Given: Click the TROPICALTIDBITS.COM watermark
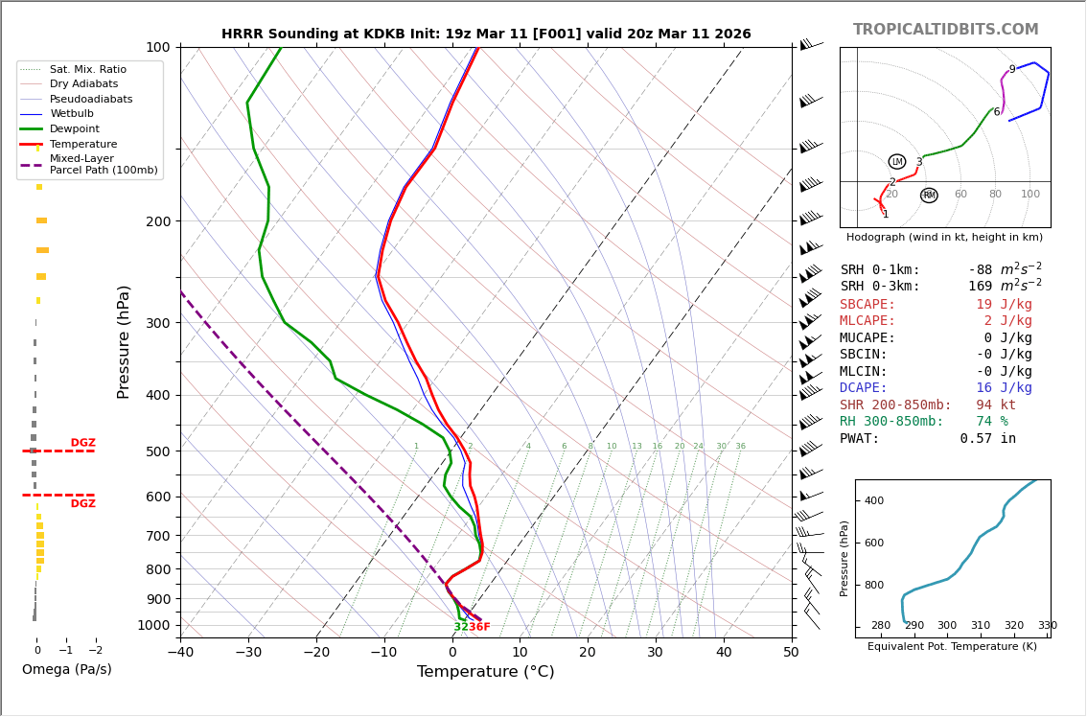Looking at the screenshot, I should pyautogui.click(x=945, y=30).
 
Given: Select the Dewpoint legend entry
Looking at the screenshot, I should pyautogui.click(x=74, y=128).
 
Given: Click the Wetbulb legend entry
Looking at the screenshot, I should pyautogui.click(x=72, y=114).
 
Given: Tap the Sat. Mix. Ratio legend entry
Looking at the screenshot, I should pyautogui.click(x=87, y=69).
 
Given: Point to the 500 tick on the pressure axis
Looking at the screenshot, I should pyautogui.click(x=157, y=451).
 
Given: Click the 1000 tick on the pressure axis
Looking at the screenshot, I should pyautogui.click(x=153, y=625).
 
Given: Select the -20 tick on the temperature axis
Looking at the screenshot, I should pyautogui.click(x=316, y=653).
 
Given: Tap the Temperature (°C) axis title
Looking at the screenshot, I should pyautogui.click(x=485, y=672).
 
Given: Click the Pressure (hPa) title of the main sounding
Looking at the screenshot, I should pyautogui.click(x=125, y=341).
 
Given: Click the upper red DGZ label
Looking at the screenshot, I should pyautogui.click(x=82, y=443).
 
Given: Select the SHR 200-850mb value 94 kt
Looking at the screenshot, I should pyautogui.click(x=995, y=405).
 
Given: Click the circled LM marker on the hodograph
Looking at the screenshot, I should pyautogui.click(x=897, y=162).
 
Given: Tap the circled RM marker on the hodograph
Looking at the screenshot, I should pyautogui.click(x=929, y=196).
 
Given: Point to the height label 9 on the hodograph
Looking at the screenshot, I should pyautogui.click(x=1011, y=70).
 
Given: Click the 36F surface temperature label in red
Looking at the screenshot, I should pyautogui.click(x=478, y=627).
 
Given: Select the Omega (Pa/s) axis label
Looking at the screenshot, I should pyautogui.click(x=66, y=669).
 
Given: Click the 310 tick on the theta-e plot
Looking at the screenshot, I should pyautogui.click(x=980, y=625).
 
